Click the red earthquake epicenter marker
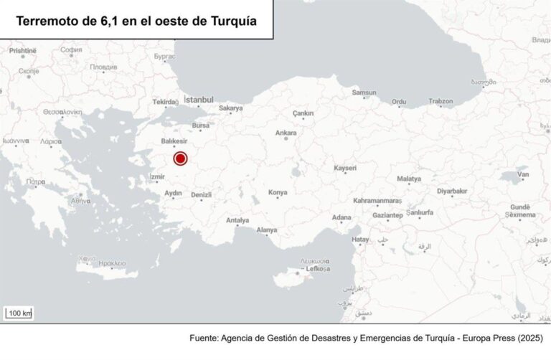coord(180,159)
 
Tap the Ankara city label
coord(286,133)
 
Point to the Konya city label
coord(277,193)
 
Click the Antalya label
coord(237,220)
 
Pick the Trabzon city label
coord(441,102)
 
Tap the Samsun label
coord(364,93)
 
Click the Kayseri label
coord(346,168)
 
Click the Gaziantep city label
coord(388,215)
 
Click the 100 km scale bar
coord(19,313)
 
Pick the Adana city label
coord(342,217)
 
